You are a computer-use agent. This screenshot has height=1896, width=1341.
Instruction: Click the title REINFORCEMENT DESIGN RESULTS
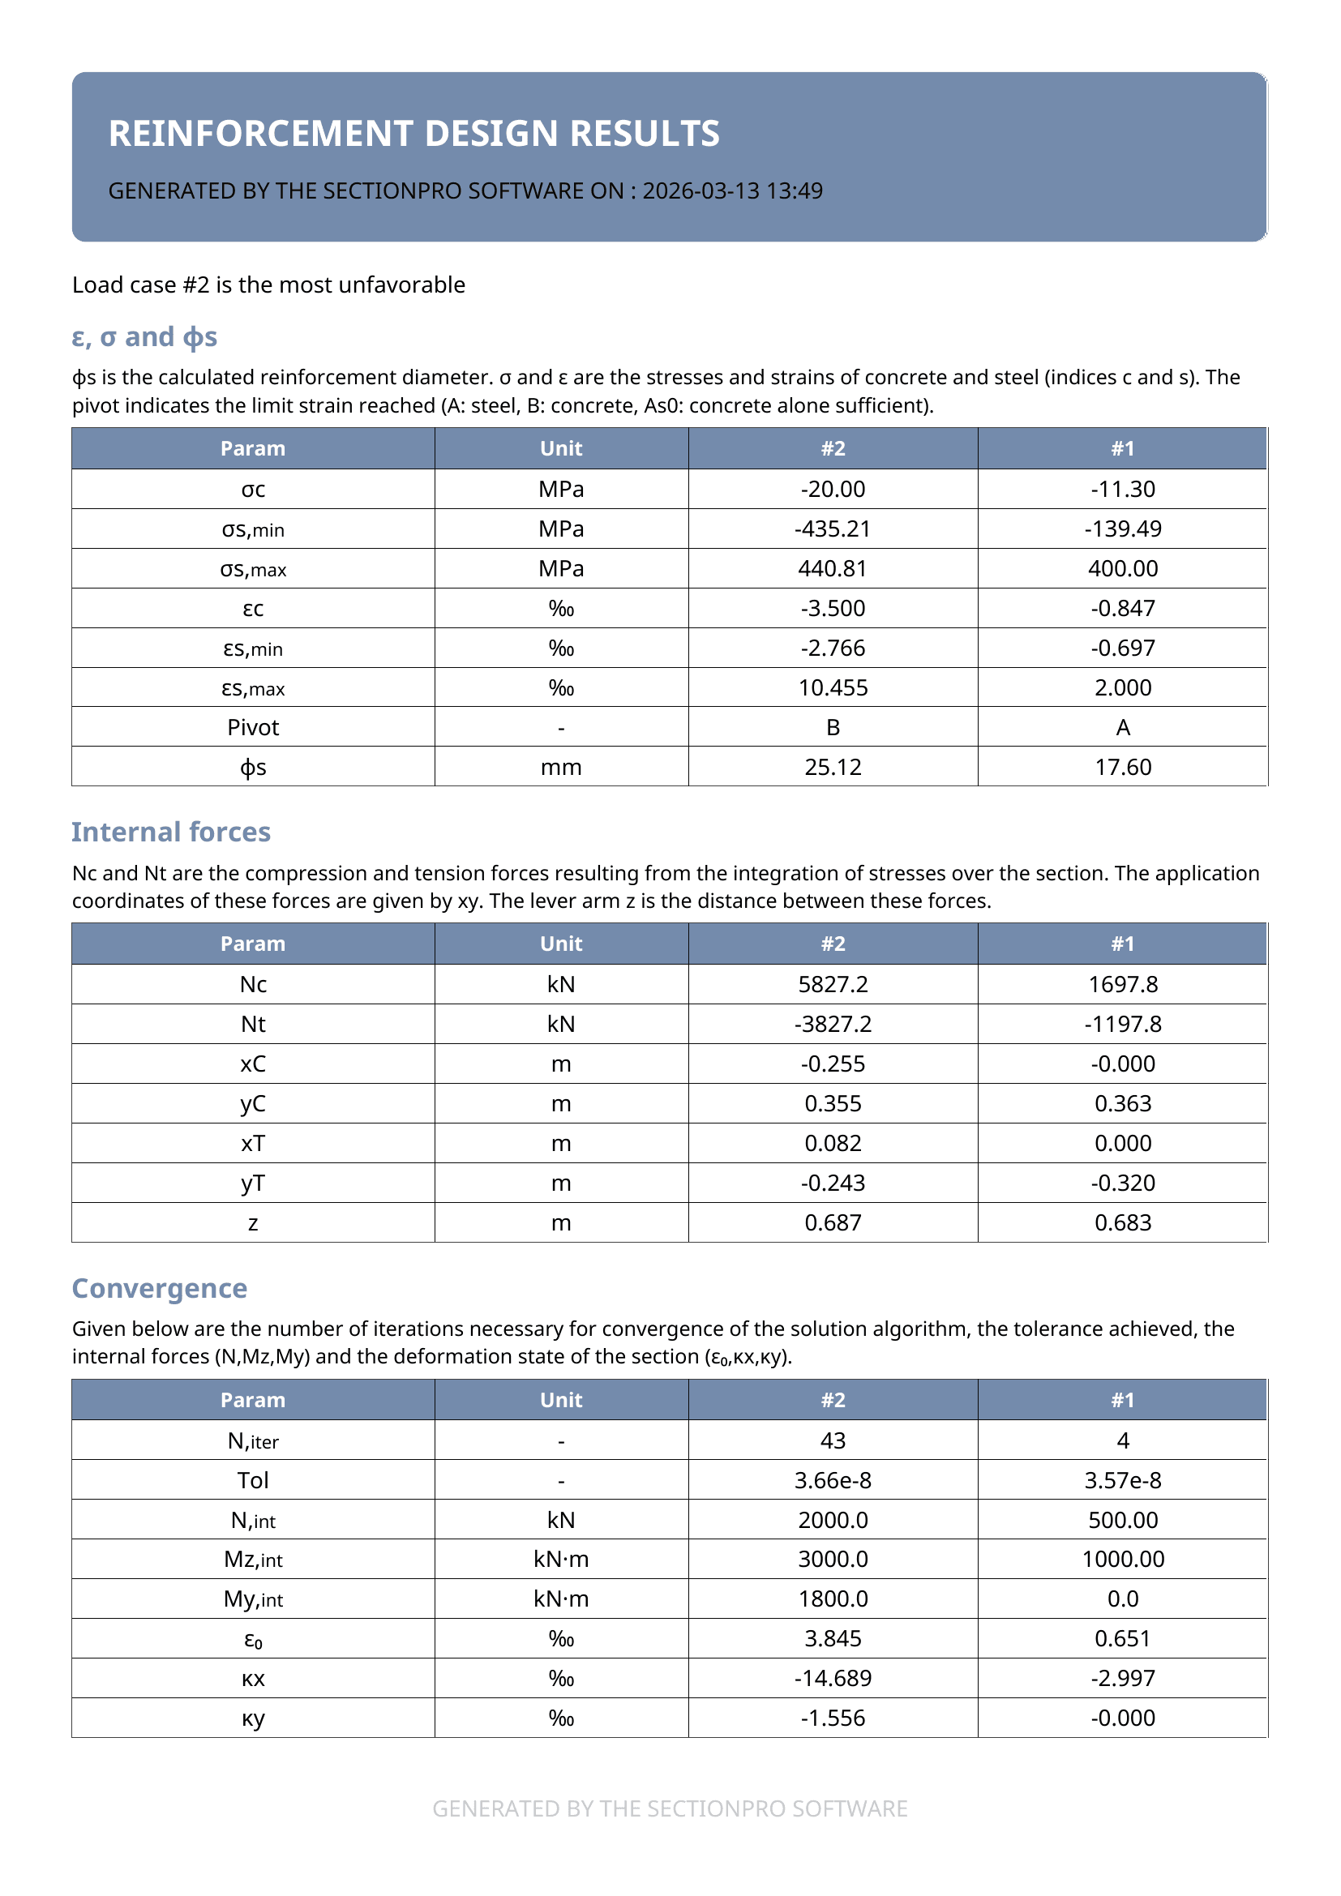(413, 134)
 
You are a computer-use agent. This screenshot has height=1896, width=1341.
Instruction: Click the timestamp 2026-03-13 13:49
(732, 190)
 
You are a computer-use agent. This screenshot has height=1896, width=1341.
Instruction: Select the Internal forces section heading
(171, 832)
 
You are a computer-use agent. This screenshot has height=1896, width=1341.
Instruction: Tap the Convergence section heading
(160, 1288)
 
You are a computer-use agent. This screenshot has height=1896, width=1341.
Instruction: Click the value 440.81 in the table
(833, 568)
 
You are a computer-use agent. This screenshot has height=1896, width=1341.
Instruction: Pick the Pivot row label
(253, 727)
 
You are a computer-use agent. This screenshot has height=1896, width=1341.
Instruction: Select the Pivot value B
(833, 727)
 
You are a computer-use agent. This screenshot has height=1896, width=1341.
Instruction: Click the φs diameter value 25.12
(833, 767)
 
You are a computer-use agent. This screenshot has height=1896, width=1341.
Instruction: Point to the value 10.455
(833, 688)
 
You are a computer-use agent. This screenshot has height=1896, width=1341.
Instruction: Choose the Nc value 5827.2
(833, 984)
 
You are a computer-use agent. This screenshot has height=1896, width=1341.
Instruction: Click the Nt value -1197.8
(1122, 1024)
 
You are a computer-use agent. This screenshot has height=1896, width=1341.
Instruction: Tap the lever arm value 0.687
(833, 1222)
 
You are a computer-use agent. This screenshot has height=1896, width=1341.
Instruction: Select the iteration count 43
(833, 1440)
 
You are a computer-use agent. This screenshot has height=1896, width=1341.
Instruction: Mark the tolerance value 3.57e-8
(1122, 1480)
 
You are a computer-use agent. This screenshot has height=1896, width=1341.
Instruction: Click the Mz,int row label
(253, 1559)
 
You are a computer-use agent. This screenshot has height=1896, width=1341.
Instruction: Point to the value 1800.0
(833, 1599)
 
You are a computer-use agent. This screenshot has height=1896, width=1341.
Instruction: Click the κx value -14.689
(833, 1678)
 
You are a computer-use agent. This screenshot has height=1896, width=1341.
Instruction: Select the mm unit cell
(561, 767)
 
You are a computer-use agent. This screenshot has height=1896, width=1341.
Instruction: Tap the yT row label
(253, 1183)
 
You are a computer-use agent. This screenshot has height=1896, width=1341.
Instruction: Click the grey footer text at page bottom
(670, 1808)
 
